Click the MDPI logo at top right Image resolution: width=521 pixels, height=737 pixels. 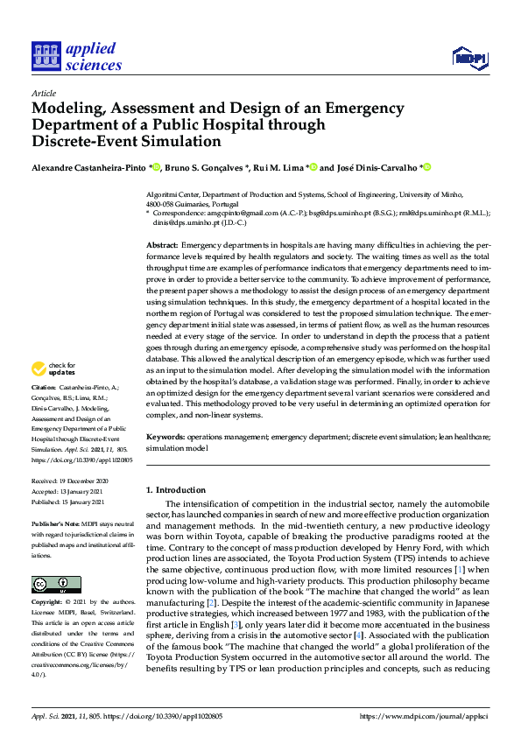pos(469,59)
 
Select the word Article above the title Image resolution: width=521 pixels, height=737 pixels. pos(43,93)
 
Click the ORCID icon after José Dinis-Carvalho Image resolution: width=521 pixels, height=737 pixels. pos(427,167)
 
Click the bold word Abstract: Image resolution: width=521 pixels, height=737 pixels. pos(163,246)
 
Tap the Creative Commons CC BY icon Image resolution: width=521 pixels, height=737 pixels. pos(56,560)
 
